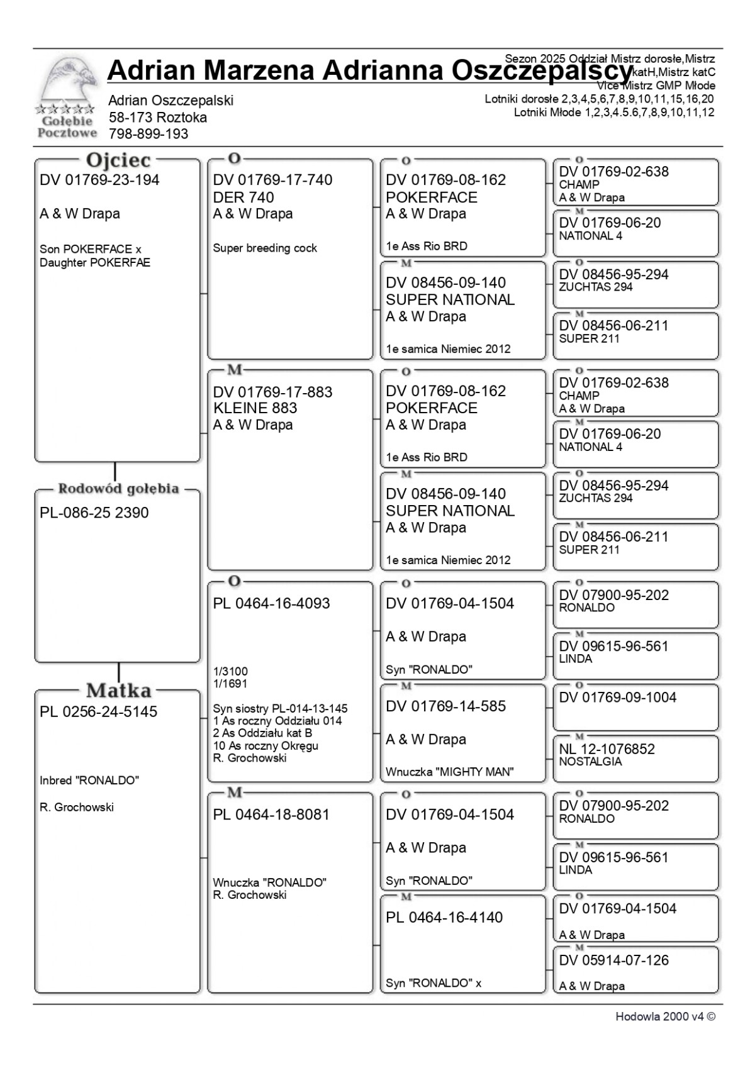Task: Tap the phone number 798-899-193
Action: (x=148, y=134)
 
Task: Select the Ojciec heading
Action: (x=118, y=161)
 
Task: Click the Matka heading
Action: (x=118, y=691)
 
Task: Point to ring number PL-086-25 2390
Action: (x=94, y=513)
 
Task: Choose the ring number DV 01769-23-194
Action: (x=99, y=181)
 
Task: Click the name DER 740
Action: (x=243, y=197)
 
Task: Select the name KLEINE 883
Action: (x=255, y=408)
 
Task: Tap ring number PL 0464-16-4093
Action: (x=271, y=604)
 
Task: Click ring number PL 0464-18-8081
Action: (x=271, y=815)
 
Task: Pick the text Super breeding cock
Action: (x=265, y=248)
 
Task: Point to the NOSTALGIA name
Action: (x=590, y=762)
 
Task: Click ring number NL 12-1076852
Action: (x=607, y=749)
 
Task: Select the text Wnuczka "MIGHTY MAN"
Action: (x=450, y=772)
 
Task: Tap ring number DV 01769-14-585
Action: (x=445, y=707)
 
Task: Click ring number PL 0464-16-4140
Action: (x=444, y=918)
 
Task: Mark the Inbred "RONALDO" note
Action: (x=89, y=781)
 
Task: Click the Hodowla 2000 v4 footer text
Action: (x=665, y=1017)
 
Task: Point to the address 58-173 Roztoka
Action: (x=158, y=118)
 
